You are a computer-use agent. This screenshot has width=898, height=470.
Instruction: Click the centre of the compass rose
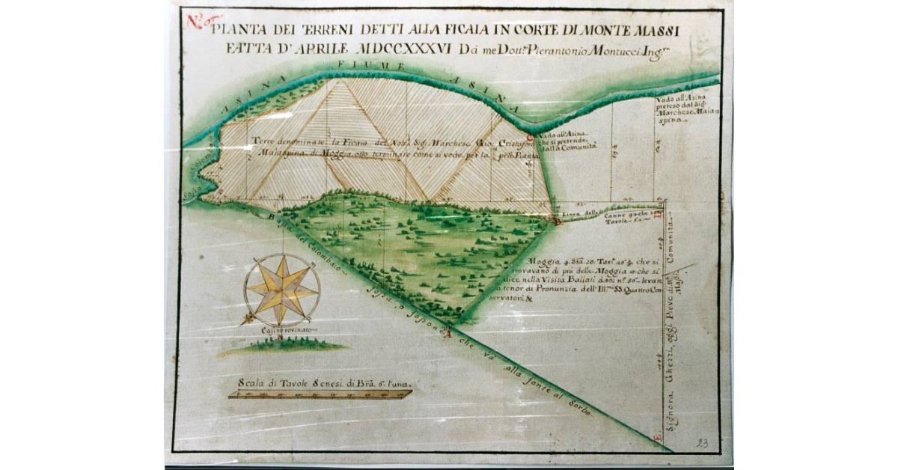pyautogui.click(x=282, y=290)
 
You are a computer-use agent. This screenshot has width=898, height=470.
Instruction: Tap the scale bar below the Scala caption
pyautogui.click(x=320, y=394)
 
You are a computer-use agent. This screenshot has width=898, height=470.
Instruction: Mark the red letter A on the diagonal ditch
pyautogui.click(x=448, y=334)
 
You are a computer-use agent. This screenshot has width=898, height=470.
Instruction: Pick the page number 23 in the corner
pyautogui.click(x=702, y=442)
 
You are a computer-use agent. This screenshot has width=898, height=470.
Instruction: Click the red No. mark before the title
pyautogui.click(x=196, y=21)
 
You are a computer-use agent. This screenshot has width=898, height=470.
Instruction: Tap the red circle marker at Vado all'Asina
pyautogui.click(x=529, y=138)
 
